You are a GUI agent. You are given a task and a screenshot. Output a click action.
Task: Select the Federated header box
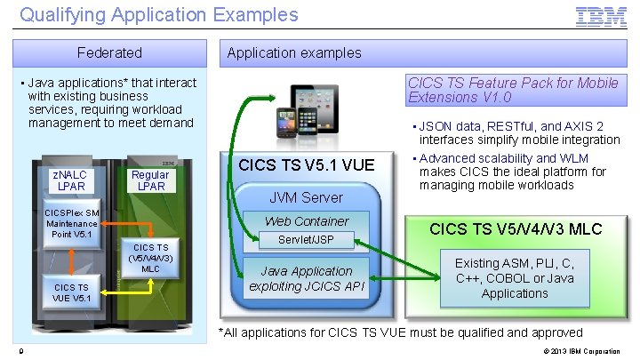[109, 52]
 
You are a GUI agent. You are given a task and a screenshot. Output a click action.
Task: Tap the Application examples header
[294, 52]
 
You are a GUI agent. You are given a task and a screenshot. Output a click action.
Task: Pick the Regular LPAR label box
[149, 180]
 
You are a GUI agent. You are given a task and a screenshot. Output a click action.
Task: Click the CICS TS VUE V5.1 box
[70, 292]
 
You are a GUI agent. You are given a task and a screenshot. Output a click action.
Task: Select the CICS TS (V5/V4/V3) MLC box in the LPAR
[150, 256]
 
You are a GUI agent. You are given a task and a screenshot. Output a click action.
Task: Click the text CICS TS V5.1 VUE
[306, 164]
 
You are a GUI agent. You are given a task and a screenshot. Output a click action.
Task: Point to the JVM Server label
[306, 197]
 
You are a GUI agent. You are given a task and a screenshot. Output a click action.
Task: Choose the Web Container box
[307, 221]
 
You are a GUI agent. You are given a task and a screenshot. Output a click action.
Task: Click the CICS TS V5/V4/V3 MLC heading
[516, 229]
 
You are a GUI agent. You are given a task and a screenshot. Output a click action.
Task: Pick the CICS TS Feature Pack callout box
[513, 90]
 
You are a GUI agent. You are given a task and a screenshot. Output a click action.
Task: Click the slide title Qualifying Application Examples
[159, 15]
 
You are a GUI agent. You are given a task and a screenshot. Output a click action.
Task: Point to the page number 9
[20, 351]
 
